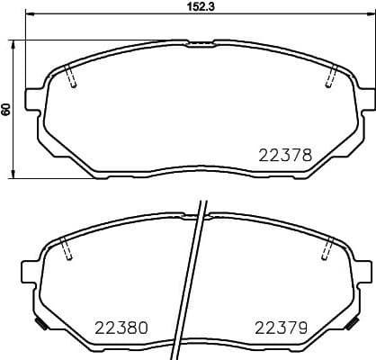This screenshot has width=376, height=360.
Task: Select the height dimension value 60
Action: [x=6, y=109]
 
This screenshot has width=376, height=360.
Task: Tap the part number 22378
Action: [x=284, y=154]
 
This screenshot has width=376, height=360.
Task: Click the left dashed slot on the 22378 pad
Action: [x=73, y=79]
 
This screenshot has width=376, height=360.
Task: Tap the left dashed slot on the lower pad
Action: [x=65, y=250]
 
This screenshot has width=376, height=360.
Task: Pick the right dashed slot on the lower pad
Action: [x=326, y=249]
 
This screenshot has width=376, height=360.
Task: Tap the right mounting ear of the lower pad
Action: [x=363, y=267]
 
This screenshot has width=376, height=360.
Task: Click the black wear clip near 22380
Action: [x=37, y=322]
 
